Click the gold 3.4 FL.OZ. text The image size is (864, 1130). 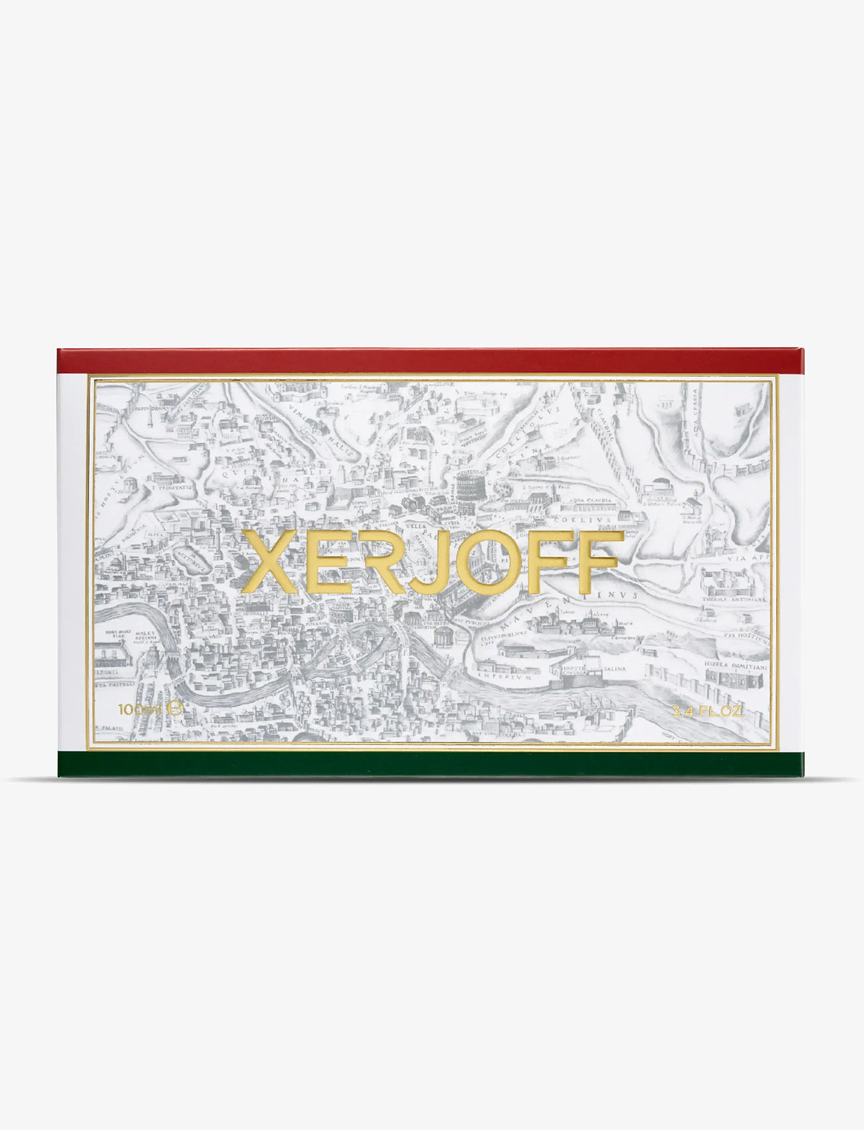[x=708, y=711]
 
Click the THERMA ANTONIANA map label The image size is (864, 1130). [x=734, y=599]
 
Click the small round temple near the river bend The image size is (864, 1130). [x=443, y=634]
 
